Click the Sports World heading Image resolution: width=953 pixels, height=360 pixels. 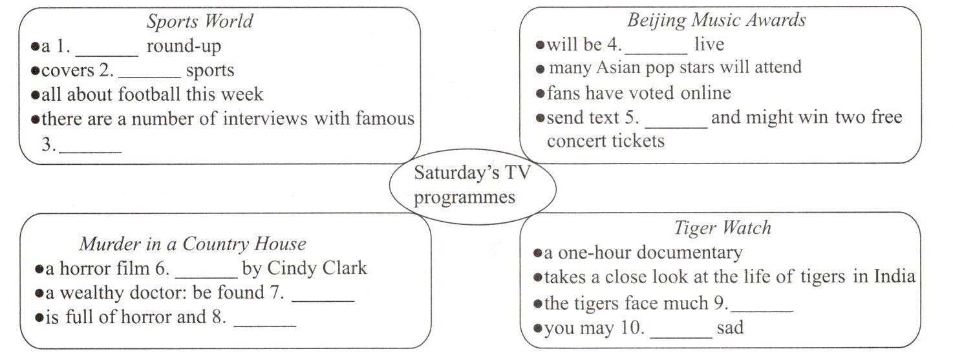point(199,22)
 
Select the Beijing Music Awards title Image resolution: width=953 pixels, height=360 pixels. point(716,21)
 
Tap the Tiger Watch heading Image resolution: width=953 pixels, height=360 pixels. point(722,228)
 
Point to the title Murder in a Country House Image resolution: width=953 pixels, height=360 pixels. point(193,244)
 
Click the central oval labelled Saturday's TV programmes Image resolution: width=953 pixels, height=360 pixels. point(472,185)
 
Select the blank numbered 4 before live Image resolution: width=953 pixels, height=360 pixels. point(656,51)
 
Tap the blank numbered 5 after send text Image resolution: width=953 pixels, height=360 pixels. point(676,125)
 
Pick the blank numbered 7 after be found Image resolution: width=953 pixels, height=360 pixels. point(323,300)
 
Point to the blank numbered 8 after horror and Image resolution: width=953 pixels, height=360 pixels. point(264,324)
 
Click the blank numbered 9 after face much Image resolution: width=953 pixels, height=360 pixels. point(762,310)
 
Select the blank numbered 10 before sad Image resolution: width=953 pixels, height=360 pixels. point(681,334)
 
